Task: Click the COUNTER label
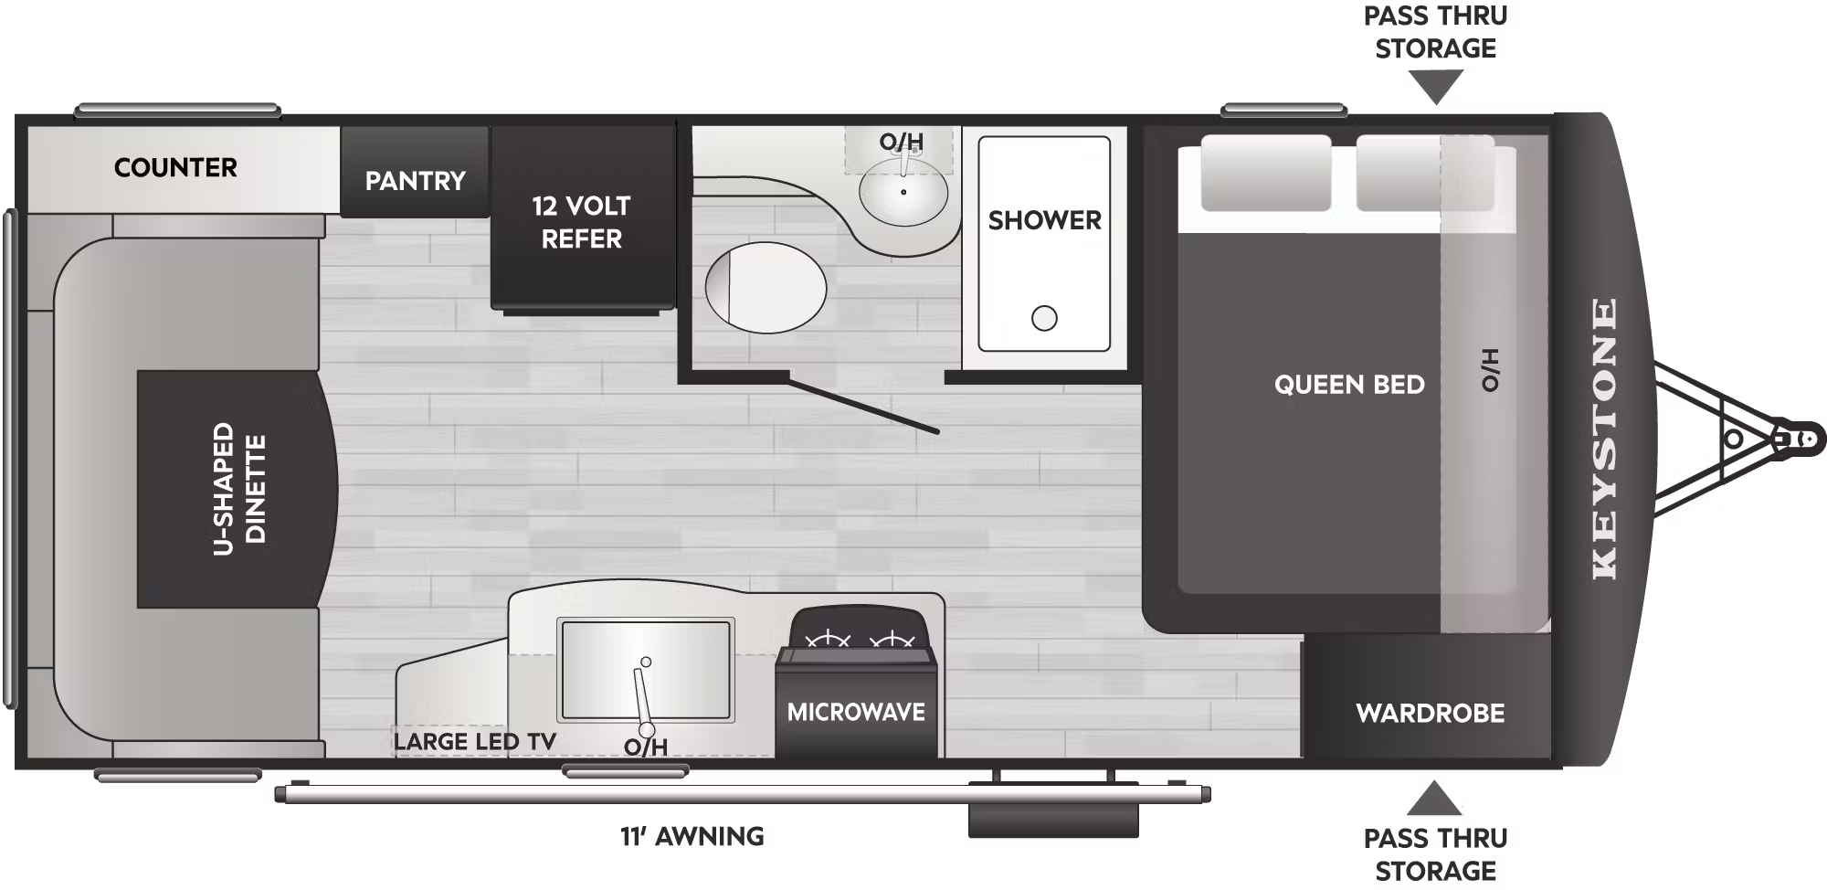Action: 175,168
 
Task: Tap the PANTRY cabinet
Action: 415,171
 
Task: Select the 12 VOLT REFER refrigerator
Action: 582,218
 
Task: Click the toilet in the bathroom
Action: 766,287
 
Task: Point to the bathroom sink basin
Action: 903,192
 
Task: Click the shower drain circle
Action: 1044,318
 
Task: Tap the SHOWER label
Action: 1045,220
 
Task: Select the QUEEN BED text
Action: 1349,385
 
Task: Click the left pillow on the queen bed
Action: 1265,173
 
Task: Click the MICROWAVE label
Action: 856,712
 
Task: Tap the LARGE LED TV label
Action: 475,742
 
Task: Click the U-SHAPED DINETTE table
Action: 236,489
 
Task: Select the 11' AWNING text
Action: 692,836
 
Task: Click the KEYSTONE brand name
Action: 1604,439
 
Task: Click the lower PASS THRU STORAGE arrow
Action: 1434,798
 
